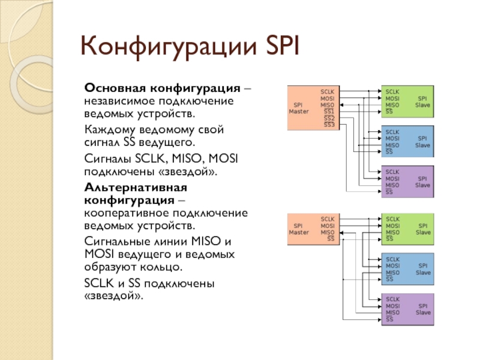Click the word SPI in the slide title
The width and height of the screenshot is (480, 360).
click(283, 46)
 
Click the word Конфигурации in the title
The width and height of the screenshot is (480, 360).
click(169, 47)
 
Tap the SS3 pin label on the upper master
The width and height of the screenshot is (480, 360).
click(329, 125)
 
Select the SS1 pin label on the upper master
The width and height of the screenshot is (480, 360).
click(329, 112)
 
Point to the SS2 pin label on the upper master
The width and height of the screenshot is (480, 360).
click(329, 118)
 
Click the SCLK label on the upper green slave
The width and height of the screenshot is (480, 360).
click(392, 92)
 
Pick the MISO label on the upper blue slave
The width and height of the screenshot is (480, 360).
click(392, 145)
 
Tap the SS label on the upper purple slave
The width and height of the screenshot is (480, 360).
click(389, 192)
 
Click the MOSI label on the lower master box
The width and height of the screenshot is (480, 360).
click(328, 226)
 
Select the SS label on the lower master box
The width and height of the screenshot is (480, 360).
click(331, 239)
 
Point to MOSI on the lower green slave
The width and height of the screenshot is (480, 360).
click(393, 226)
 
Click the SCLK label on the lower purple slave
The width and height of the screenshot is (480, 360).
click(393, 299)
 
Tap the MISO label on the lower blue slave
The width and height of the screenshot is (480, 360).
click(393, 272)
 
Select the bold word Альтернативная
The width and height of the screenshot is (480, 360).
click(136, 187)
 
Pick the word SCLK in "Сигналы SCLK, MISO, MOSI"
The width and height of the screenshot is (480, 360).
click(151, 159)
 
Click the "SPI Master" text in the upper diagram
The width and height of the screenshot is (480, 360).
click(298, 108)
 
